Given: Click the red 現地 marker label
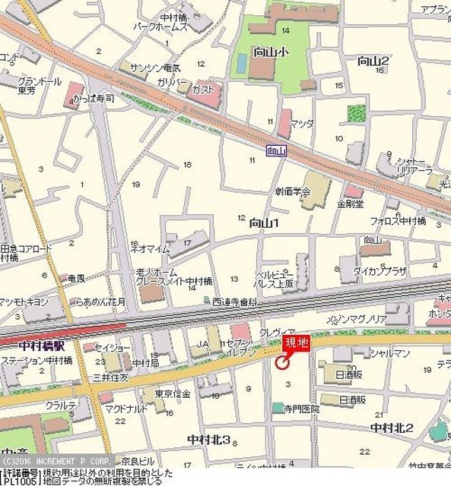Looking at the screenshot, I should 297,343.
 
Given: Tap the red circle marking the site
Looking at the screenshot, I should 281,363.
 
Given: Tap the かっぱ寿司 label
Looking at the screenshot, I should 94,99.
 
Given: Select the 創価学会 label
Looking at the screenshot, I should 293,192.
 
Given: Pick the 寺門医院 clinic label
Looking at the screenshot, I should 303,409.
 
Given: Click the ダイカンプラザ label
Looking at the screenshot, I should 380,270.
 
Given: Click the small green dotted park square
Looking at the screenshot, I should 356,113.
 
